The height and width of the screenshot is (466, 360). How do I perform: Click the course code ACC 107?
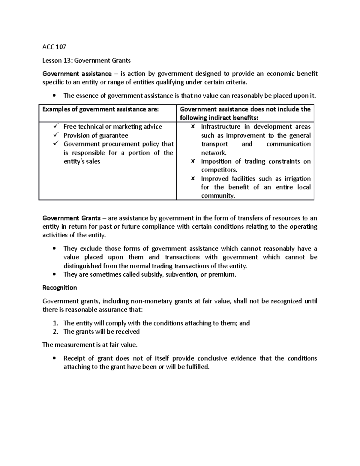[54, 47]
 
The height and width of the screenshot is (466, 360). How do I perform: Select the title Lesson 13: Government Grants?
[86, 61]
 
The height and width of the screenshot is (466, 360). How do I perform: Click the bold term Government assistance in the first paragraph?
[77, 74]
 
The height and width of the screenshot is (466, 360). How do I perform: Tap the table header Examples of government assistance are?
[100, 109]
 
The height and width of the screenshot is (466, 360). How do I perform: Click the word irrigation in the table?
[297, 179]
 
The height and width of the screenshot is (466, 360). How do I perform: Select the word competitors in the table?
[219, 170]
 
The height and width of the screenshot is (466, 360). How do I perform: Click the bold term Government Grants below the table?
[71, 218]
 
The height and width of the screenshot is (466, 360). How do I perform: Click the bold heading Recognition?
[60, 288]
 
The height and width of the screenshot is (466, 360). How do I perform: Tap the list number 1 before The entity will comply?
[55, 323]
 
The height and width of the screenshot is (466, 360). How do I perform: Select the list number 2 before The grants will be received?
[55, 332]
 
